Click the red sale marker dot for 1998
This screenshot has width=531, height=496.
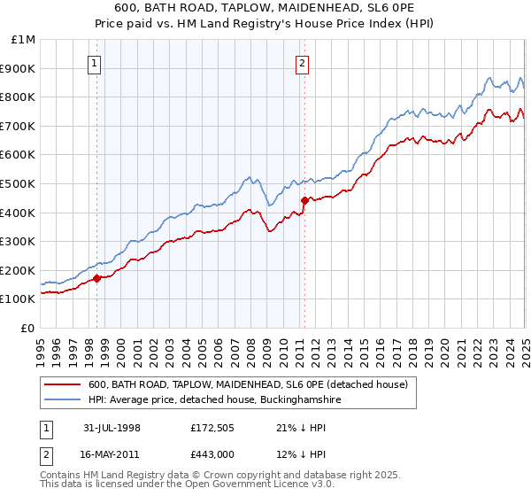pos(97,277)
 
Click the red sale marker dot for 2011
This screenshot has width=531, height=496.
pos(304,200)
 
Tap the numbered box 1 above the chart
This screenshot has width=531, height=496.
pos(95,62)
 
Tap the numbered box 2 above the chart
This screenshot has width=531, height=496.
pos(303,62)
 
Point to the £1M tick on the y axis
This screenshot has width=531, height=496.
pos(24,40)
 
